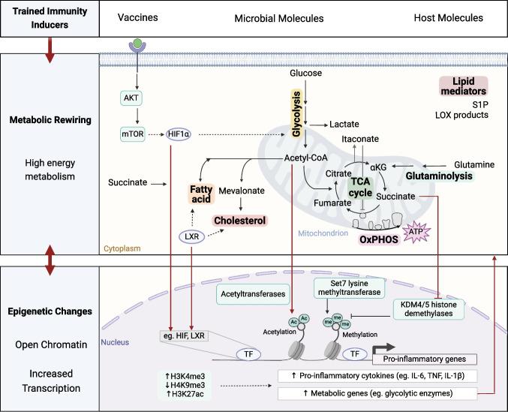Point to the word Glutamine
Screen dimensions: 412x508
tap(472, 164)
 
